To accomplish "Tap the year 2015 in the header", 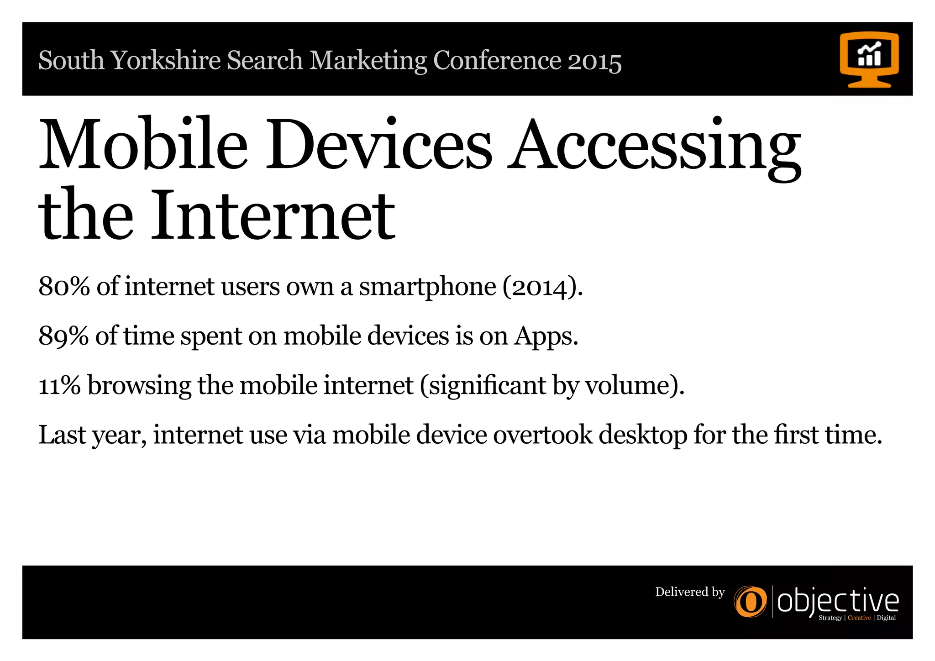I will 594,62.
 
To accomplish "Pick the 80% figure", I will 64,287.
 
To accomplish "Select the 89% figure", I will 63,336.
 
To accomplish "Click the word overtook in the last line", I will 542,435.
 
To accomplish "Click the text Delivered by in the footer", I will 690,592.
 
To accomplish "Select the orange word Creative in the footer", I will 859,618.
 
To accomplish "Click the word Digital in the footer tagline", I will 886,618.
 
